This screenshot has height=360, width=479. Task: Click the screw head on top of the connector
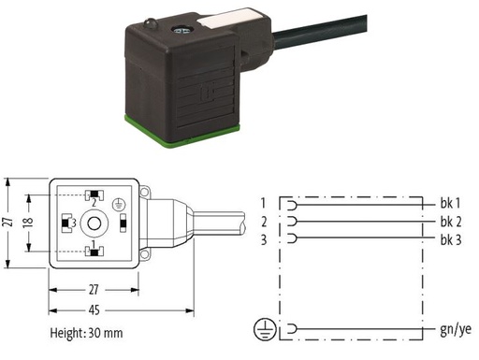click(181, 30)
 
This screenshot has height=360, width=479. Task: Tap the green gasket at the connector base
click(181, 131)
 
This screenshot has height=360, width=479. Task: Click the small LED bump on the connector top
click(150, 23)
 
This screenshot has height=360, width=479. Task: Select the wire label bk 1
click(450, 203)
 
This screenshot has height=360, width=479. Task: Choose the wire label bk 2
click(451, 222)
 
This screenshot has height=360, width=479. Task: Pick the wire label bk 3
click(451, 239)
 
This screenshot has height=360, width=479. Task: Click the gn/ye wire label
click(456, 330)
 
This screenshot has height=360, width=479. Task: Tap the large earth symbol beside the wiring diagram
click(265, 329)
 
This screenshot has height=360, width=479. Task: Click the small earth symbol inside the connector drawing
click(119, 204)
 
